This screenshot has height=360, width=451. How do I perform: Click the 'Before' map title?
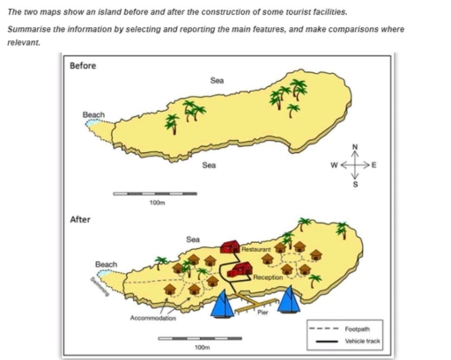[85, 67]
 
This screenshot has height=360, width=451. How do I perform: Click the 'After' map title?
[81, 219]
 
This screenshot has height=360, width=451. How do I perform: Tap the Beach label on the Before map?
[93, 115]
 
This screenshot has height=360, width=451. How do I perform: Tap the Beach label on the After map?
[107, 264]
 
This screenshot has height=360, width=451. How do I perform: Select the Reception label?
[267, 277]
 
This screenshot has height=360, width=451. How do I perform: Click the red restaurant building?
[231, 247]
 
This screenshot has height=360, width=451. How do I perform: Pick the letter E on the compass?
[374, 165]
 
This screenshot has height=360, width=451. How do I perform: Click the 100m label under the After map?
[200, 348]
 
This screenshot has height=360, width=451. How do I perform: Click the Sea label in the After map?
[193, 239]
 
